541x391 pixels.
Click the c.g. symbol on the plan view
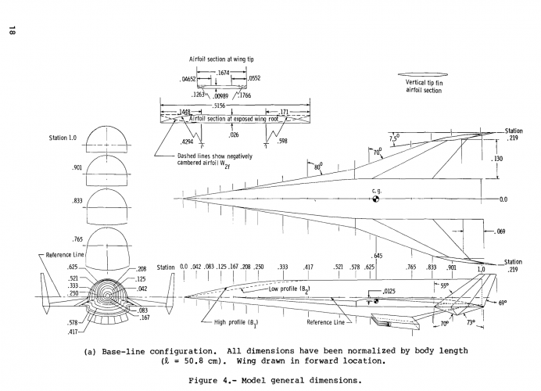point(375,198)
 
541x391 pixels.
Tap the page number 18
point(13,30)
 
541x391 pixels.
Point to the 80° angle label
point(318,167)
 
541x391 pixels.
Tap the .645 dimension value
point(377,256)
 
